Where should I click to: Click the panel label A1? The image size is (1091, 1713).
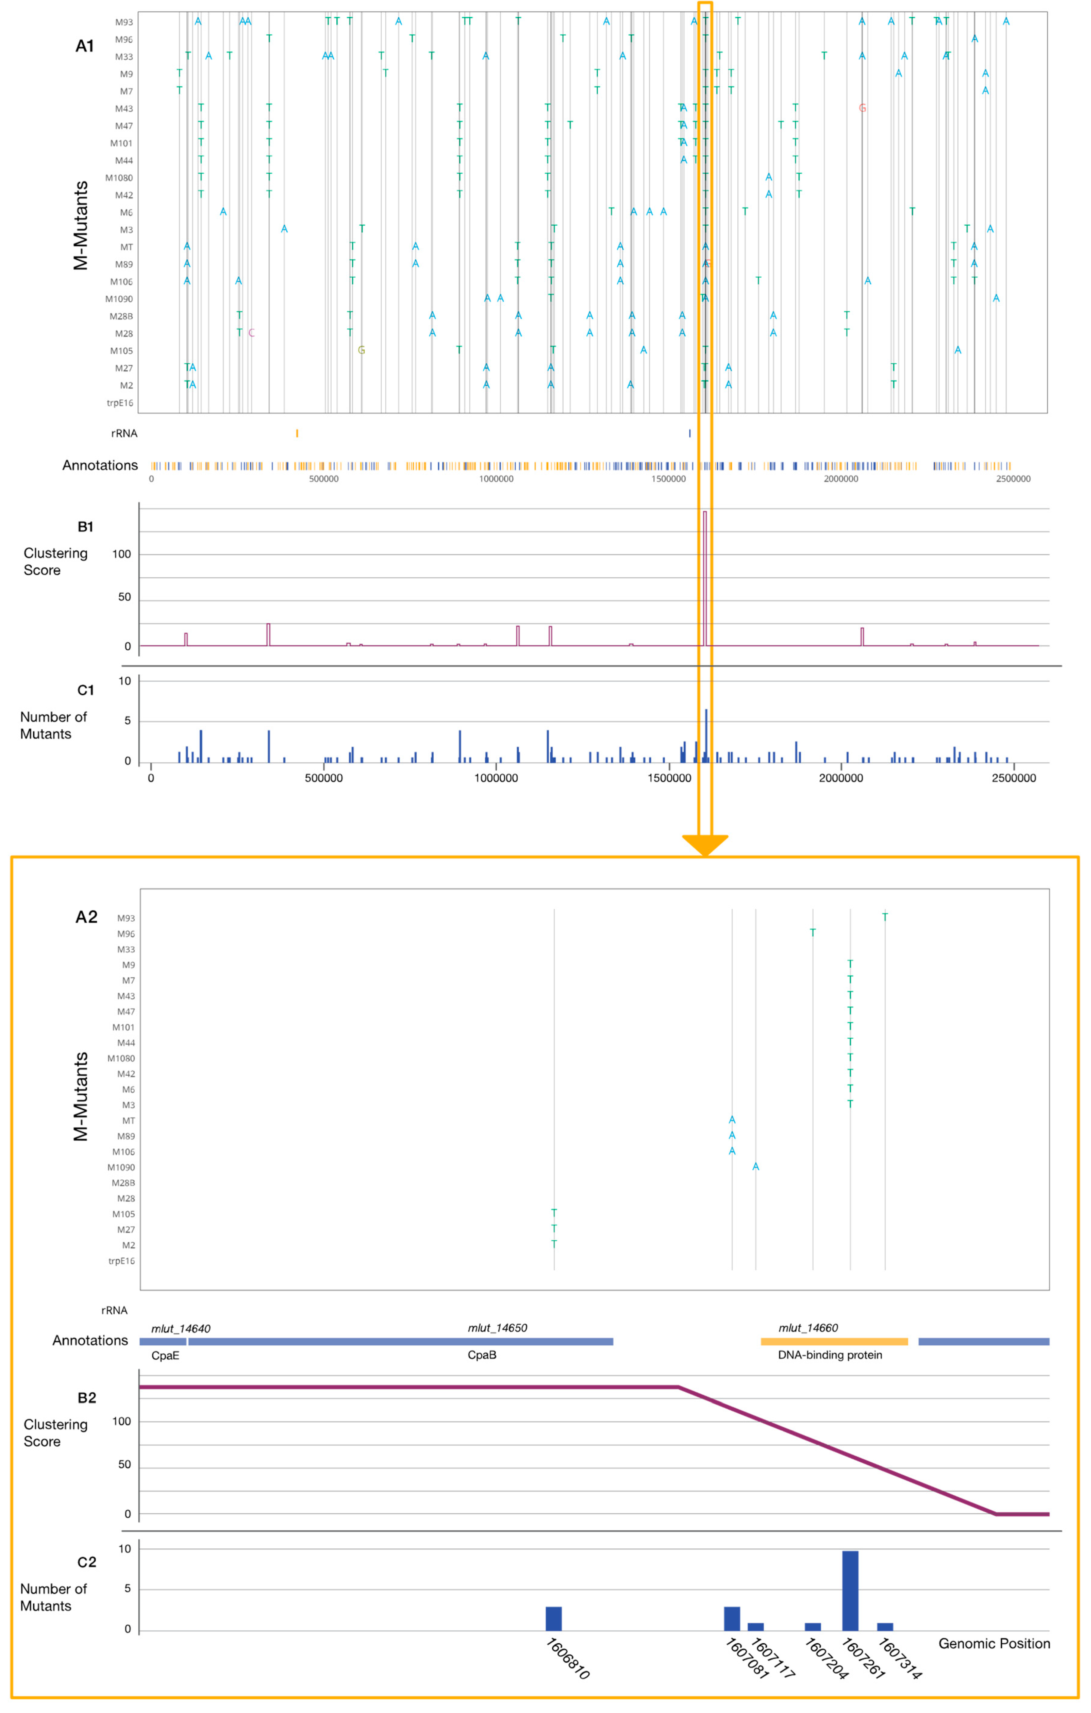[x=85, y=46]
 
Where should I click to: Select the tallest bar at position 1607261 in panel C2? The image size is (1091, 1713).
[x=850, y=1590]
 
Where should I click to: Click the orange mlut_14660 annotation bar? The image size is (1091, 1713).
[x=833, y=1342]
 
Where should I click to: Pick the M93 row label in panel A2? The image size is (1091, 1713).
[x=126, y=918]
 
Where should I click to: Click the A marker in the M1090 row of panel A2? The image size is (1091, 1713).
[x=755, y=1167]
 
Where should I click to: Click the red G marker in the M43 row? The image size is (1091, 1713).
[x=862, y=108]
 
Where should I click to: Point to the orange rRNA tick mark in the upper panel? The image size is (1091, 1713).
[x=297, y=433]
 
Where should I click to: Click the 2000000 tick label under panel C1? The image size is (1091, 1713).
[x=841, y=778]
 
